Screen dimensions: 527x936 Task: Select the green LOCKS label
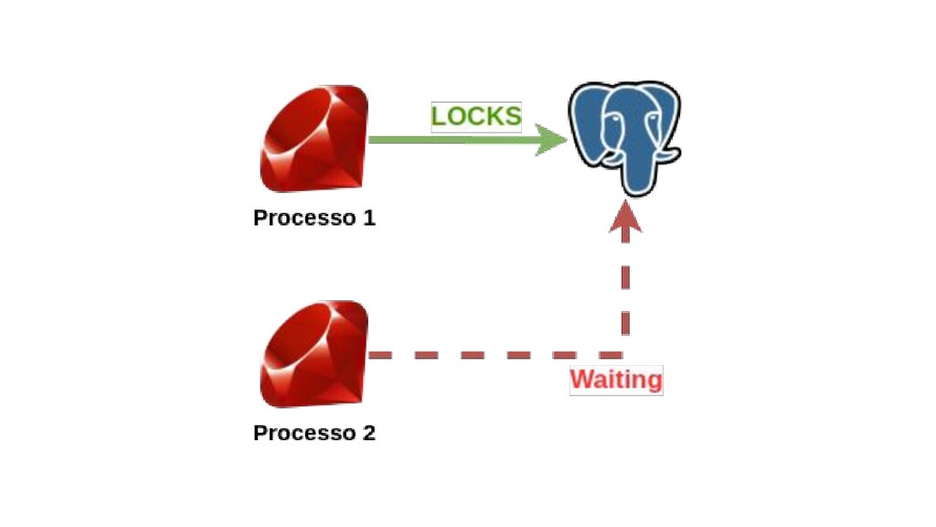click(x=476, y=117)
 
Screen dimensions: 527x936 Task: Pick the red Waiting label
click(x=616, y=380)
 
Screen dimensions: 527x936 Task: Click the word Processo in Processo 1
click(x=300, y=219)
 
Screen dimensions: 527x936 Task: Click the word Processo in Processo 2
click(x=300, y=433)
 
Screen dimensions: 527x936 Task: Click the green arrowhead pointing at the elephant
click(x=550, y=141)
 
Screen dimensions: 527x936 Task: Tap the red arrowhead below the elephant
click(x=625, y=218)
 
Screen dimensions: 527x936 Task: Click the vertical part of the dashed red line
click(x=625, y=288)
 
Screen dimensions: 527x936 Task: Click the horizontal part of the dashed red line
click(x=484, y=354)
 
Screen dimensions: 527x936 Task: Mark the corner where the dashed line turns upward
click(x=625, y=354)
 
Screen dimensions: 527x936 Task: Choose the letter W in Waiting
click(x=580, y=380)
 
